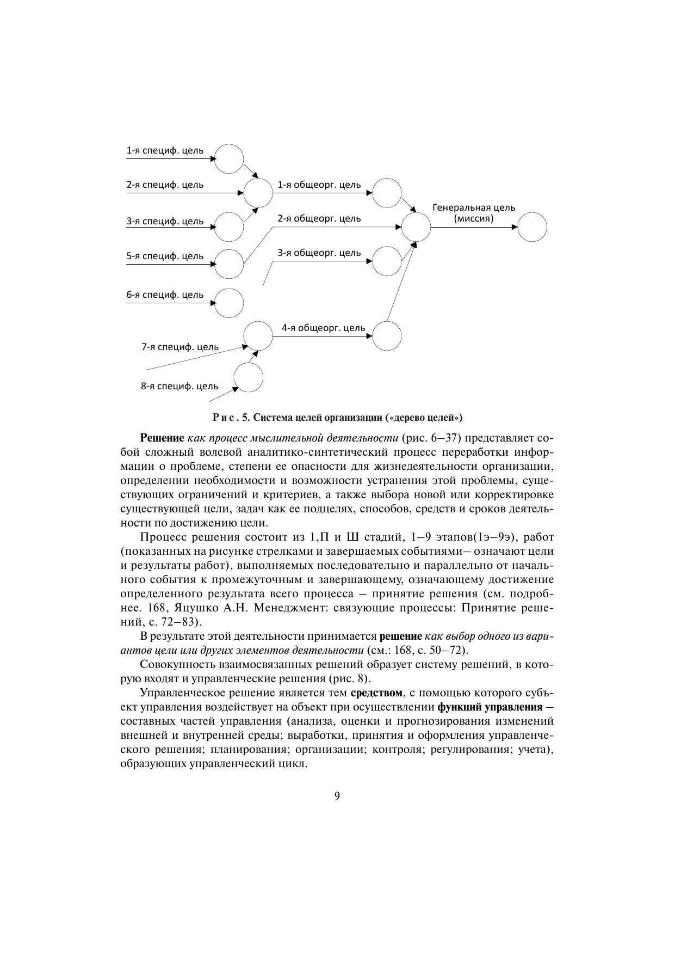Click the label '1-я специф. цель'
[x=165, y=150]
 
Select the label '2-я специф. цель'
[x=165, y=185]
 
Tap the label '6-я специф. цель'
[x=165, y=295]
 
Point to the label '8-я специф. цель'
[x=179, y=386]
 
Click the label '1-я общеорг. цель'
[x=319, y=185]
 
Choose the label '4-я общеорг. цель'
[x=323, y=328]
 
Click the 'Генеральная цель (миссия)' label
[x=474, y=213]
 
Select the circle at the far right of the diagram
[x=532, y=227]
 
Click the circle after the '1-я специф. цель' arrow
[x=229, y=158]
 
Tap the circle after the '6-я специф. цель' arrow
[x=229, y=303]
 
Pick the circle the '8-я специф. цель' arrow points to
[x=249, y=377]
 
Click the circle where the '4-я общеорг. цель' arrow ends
[x=387, y=335]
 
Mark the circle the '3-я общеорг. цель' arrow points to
[x=387, y=261]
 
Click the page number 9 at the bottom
[x=337, y=796]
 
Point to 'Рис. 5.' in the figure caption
[x=231, y=418]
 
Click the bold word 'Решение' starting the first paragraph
[x=162, y=438]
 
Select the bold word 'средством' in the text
[x=377, y=693]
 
